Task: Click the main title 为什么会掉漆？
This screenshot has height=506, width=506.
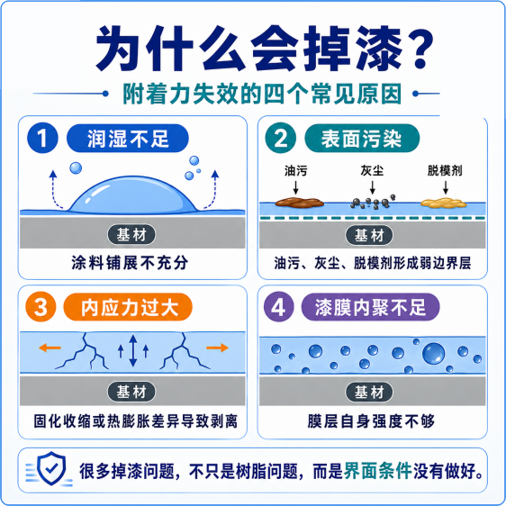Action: pos(265,49)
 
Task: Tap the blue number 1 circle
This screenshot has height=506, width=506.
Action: pos(42,138)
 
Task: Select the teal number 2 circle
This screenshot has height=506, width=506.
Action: pos(280,138)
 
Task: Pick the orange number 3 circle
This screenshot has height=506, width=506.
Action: pos(41,306)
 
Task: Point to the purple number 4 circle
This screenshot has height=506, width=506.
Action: pos(279,306)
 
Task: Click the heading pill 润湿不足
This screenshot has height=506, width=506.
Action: pos(128,138)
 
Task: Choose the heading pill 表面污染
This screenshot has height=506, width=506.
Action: pos(362,138)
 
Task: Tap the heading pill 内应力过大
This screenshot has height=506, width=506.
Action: pos(128,306)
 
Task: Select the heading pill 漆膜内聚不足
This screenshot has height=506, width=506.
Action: pos(370,306)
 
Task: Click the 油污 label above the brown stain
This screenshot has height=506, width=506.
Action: pos(295,171)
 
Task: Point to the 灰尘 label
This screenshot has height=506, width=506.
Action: pos(372,171)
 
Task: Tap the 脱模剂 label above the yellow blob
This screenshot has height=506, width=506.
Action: pos(445,171)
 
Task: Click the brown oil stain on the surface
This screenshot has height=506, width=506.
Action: pos(300,203)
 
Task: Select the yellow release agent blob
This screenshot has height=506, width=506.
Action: pos(444,203)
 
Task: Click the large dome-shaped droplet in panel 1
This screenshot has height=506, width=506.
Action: pos(133,195)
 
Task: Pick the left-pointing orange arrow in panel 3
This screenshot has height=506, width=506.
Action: pos(50,348)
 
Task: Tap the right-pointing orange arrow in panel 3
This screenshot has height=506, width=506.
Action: pos(218,348)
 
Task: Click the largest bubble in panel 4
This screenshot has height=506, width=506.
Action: pos(433,353)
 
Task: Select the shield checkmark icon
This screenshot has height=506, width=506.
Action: pos(51,468)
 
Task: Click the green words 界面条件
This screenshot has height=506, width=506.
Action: pos(377,471)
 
